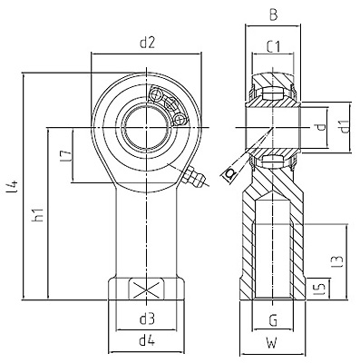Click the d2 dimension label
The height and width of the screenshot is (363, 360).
coord(147,44)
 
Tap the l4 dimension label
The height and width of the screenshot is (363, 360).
coord(14,187)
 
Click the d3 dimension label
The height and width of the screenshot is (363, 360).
coord(147,319)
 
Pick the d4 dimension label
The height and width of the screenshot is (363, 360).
coord(147,341)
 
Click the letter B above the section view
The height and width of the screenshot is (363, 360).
coord(273,15)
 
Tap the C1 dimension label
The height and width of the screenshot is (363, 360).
coord(274,47)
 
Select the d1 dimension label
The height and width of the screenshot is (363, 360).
coord(344,127)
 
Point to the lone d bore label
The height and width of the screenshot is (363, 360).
coord(322,127)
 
